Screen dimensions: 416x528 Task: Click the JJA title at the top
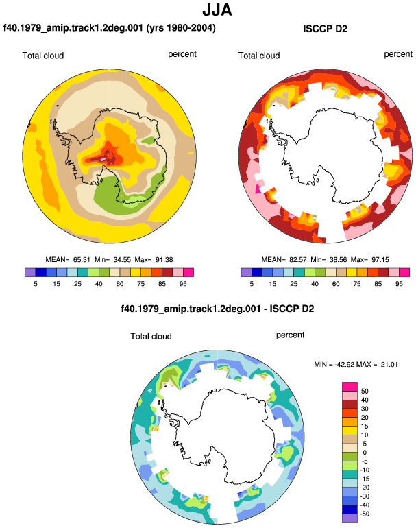[x=217, y=10]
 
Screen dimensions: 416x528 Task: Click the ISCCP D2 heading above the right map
[x=325, y=29]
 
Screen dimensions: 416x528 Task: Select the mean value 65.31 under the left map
[x=82, y=260]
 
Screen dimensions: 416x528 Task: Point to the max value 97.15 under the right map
[x=380, y=260]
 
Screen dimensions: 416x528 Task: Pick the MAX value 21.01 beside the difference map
[x=389, y=365]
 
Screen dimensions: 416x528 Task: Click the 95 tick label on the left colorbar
[x=183, y=284]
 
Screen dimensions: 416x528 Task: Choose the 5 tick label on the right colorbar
[x=252, y=284]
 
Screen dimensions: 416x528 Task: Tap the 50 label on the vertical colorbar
[x=365, y=392]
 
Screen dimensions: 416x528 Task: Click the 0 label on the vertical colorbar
[x=365, y=453]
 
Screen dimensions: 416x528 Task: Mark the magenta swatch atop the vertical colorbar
[x=350, y=387]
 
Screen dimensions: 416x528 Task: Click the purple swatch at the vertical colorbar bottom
[x=350, y=518]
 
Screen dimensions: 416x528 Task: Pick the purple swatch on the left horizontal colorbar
[x=30, y=272]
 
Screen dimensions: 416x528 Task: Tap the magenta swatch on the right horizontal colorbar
[x=404, y=272]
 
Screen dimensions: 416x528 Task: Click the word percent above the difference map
[x=290, y=335]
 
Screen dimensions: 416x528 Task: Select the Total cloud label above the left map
[x=43, y=56]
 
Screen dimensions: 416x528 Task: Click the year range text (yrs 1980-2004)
[x=181, y=27]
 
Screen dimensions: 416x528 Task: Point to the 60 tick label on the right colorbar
[x=336, y=284]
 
